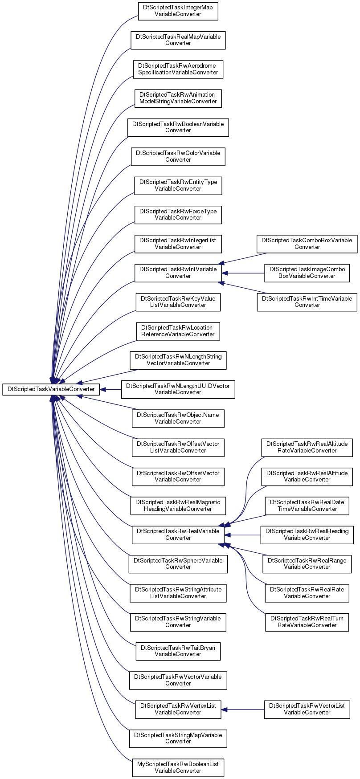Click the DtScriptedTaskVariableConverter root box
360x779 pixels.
tap(51, 389)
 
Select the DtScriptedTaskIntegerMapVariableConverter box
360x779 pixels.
tap(178, 11)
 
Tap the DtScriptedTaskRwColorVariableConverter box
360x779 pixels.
tap(178, 156)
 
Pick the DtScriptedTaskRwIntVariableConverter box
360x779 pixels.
tap(178, 273)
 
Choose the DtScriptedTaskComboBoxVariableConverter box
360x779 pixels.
tap(307, 244)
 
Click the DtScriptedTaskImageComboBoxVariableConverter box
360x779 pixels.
tap(307, 273)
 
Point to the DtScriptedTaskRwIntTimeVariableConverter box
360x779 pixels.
tap(307, 302)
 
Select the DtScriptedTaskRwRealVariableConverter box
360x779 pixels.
tap(178, 534)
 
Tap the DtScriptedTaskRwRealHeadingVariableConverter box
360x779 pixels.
tap(307, 534)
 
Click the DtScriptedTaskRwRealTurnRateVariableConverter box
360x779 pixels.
tap(307, 622)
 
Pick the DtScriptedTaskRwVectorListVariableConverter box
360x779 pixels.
tap(307, 709)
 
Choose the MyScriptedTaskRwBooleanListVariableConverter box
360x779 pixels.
tap(178, 767)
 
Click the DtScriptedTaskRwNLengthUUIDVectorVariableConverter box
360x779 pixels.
tap(178, 389)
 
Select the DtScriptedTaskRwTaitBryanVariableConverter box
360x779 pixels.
tap(178, 651)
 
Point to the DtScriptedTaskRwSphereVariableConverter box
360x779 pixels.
tap(178, 564)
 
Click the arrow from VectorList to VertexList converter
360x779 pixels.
tap(243, 709)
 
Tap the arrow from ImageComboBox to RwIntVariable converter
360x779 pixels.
tap(243, 273)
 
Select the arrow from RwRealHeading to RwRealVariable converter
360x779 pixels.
tap(242, 534)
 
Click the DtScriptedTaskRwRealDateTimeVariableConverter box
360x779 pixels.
tap(307, 506)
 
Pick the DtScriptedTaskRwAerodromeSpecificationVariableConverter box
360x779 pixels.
tap(178, 69)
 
